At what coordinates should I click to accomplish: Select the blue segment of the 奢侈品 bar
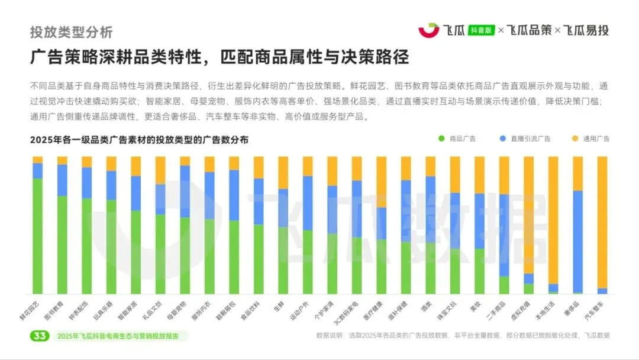(x=577, y=242)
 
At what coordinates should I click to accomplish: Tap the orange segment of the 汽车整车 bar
(x=602, y=222)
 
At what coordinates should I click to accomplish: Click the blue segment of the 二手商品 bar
(x=504, y=235)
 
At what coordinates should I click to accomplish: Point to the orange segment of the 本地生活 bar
(x=553, y=220)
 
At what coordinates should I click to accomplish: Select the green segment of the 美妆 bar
(x=479, y=271)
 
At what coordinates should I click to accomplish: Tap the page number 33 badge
(x=40, y=336)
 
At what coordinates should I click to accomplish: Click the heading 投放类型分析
(x=71, y=32)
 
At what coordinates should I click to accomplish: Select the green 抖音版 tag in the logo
(x=480, y=30)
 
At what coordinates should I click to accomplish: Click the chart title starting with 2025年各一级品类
(x=139, y=140)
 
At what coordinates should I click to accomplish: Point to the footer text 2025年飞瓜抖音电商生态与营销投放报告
(x=121, y=336)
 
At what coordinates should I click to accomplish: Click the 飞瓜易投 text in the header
(x=585, y=30)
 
